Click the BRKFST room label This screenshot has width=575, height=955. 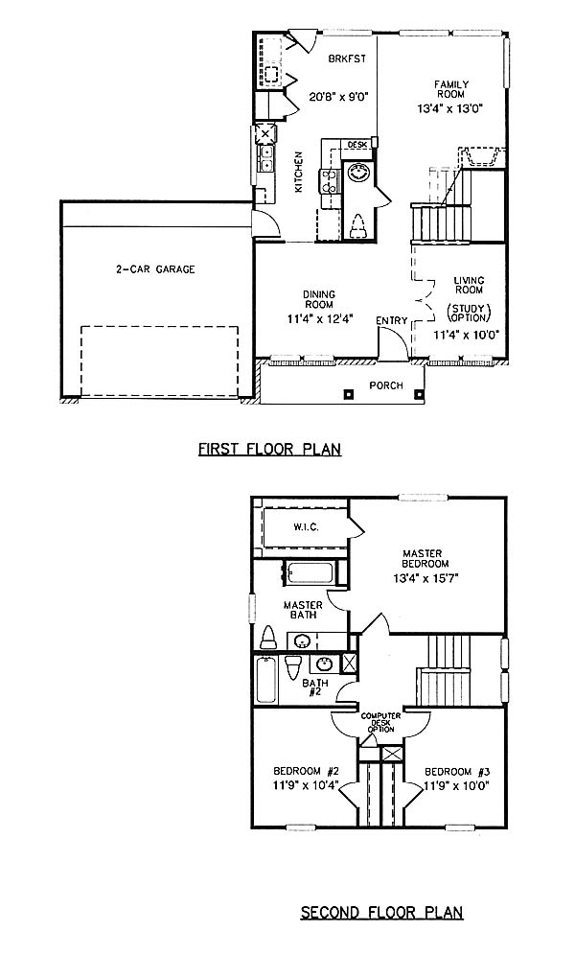(x=347, y=59)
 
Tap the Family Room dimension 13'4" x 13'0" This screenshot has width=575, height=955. (x=450, y=109)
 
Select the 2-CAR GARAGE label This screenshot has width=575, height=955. (x=156, y=268)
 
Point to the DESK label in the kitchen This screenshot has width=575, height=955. (x=357, y=145)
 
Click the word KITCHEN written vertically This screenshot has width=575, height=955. (x=299, y=172)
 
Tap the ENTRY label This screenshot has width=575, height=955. (x=391, y=321)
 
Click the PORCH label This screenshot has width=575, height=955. (x=386, y=384)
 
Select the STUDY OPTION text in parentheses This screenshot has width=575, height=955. (x=470, y=313)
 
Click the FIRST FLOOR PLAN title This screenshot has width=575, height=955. (x=269, y=450)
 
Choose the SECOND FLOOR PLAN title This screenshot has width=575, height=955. (x=381, y=913)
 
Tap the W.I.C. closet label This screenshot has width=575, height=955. (x=306, y=526)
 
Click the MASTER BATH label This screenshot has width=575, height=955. (x=303, y=610)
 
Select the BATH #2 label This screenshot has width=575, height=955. (x=315, y=687)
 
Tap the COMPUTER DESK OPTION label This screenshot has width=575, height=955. (x=380, y=722)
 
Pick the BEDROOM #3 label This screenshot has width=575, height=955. (x=457, y=771)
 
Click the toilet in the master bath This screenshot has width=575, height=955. (x=268, y=638)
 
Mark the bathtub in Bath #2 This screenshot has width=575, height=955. (x=265, y=680)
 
